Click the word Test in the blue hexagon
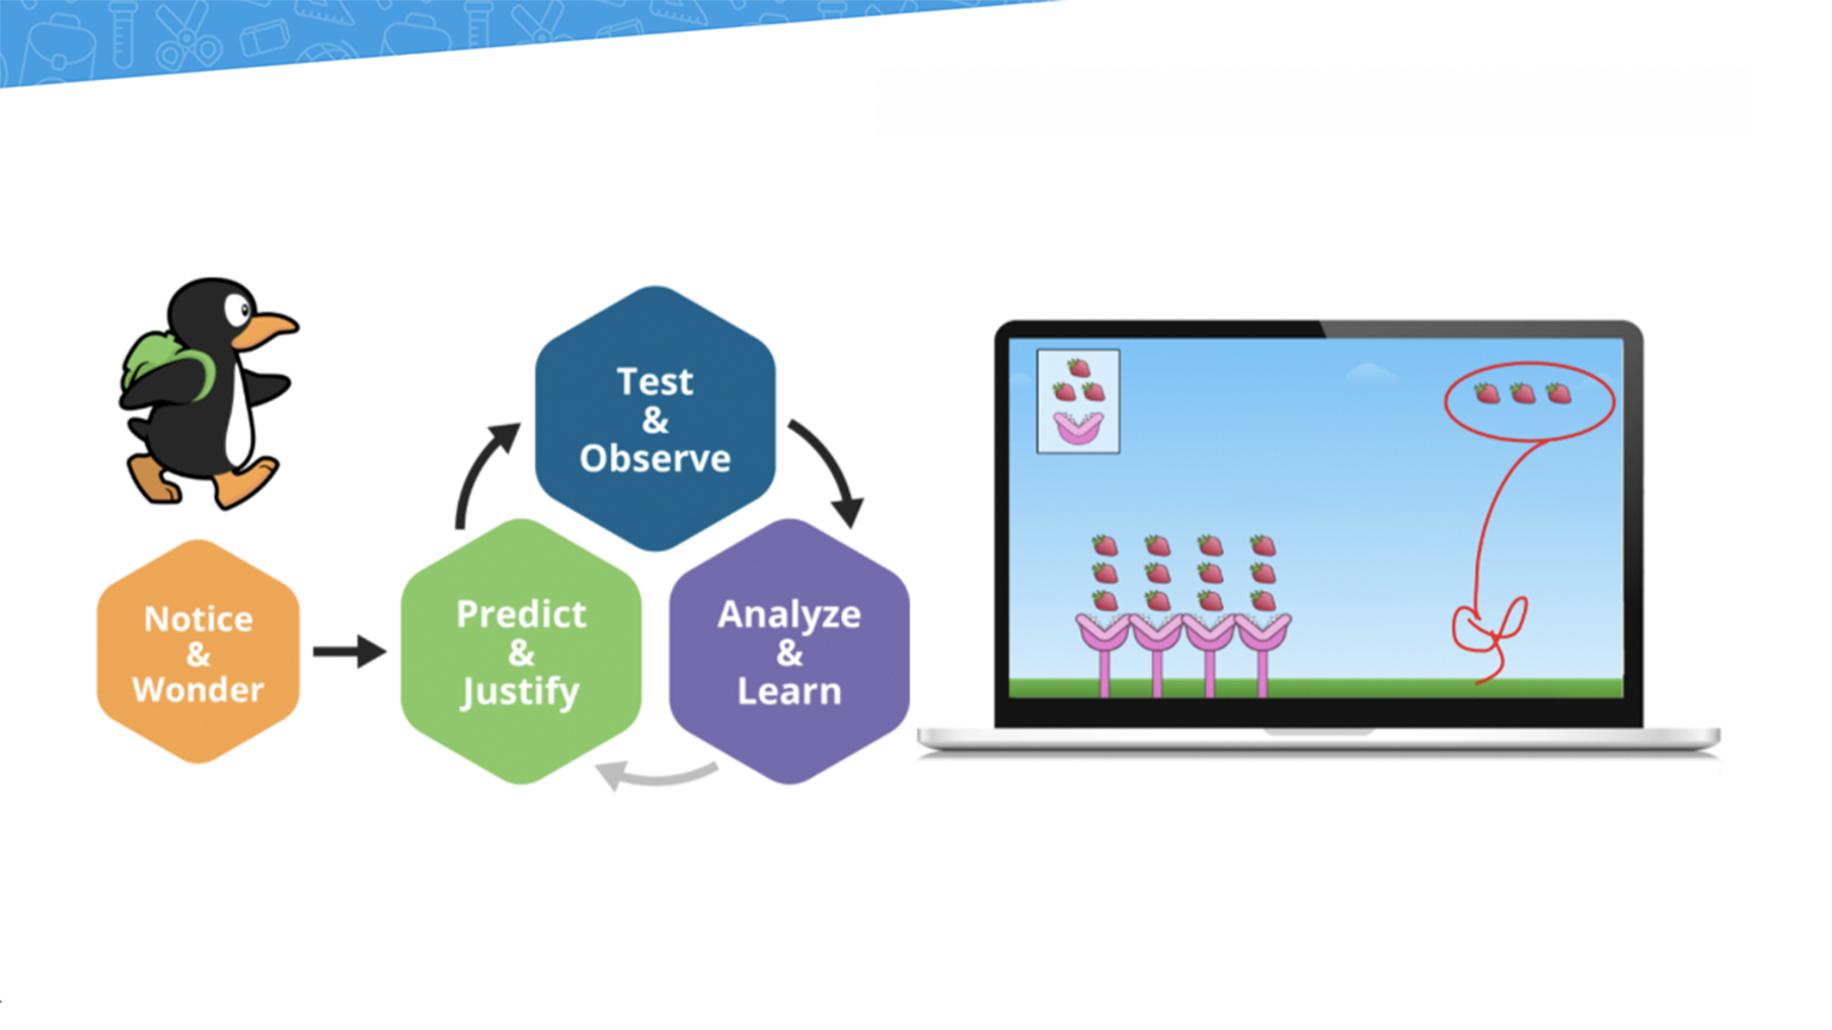click(655, 381)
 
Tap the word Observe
click(655, 458)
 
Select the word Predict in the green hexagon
click(521, 614)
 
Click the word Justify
click(520, 692)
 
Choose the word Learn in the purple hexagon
click(789, 691)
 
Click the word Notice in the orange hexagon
click(198, 619)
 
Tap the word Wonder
click(198, 690)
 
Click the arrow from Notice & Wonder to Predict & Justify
click(350, 651)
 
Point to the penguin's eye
click(237, 310)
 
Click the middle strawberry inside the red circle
click(1522, 393)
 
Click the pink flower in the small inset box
click(1078, 428)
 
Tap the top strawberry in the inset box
click(1078, 368)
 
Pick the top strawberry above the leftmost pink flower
click(1105, 546)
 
